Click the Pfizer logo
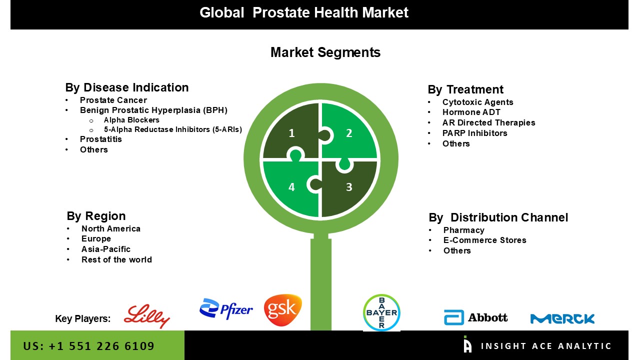(226, 308)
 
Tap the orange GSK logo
(283, 310)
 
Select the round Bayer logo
(381, 312)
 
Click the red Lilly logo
(147, 316)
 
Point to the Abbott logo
(475, 317)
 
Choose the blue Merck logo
(562, 318)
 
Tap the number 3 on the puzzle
(349, 187)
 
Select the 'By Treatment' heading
(465, 89)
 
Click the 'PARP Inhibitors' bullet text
(474, 133)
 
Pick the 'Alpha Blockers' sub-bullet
(131, 120)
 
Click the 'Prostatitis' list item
(101, 139)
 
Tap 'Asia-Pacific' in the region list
(105, 249)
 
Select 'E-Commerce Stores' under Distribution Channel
(484, 240)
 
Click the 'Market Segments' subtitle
(325, 52)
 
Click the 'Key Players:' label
(83, 318)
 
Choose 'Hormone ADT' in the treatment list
(471, 112)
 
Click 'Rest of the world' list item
(116, 259)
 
